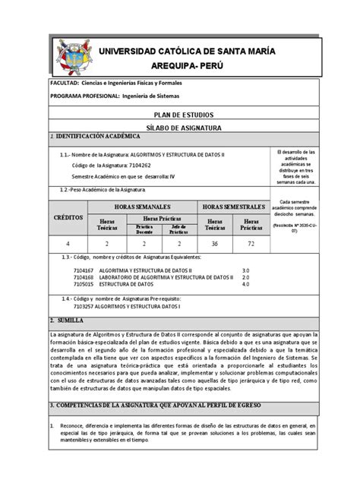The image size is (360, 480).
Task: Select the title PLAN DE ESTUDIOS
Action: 180,114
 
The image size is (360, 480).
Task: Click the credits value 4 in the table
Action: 68,242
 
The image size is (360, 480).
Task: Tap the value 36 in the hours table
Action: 213,242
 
